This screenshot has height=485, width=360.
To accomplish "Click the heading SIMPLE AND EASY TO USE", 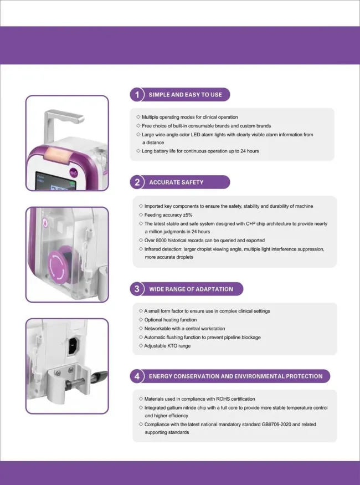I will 185,95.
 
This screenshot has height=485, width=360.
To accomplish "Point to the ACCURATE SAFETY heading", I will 176,182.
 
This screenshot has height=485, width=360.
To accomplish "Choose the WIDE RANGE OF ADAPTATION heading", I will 191,289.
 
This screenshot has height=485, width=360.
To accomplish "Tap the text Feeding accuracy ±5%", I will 168,215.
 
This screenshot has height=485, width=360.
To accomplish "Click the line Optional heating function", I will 171,320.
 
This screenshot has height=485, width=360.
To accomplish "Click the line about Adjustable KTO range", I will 167,345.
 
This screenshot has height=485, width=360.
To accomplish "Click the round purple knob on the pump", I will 59,263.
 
